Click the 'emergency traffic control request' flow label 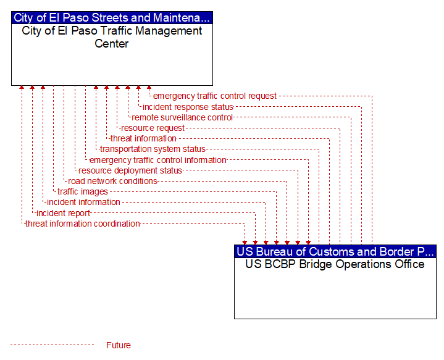tap(215, 96)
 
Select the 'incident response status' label tap(188, 107)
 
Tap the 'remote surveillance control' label tap(182, 117)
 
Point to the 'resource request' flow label tap(153, 128)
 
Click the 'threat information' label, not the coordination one tap(143, 138)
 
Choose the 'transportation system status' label tap(153, 149)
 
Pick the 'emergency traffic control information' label tap(157, 160)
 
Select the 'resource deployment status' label tap(130, 170)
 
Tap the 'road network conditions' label tap(113, 181)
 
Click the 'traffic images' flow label tap(83, 192)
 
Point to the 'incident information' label tap(83, 202)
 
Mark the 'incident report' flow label tap(63, 213)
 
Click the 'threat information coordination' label tap(83, 224)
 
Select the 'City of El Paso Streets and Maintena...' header tap(112, 17)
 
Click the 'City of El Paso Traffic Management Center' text tap(112, 37)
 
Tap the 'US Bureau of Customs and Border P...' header tap(335, 251)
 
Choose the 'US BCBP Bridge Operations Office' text tap(335, 264)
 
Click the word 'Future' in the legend tap(119, 345)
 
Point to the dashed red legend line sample tap(52, 345)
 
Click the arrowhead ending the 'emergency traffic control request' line tap(149, 88)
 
